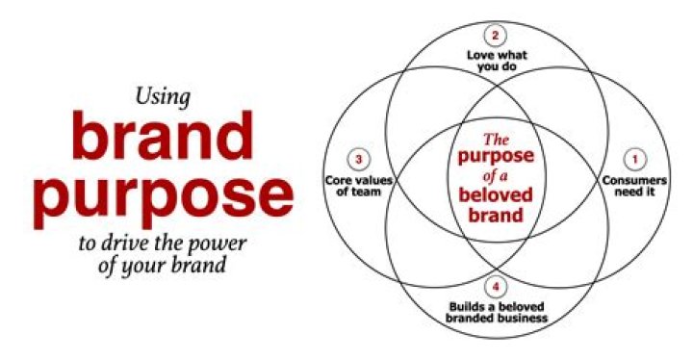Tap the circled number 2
pyautogui.click(x=496, y=37)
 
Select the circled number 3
pyautogui.click(x=358, y=159)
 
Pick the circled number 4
pyautogui.click(x=496, y=286)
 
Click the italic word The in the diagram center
pyautogui.click(x=495, y=139)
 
